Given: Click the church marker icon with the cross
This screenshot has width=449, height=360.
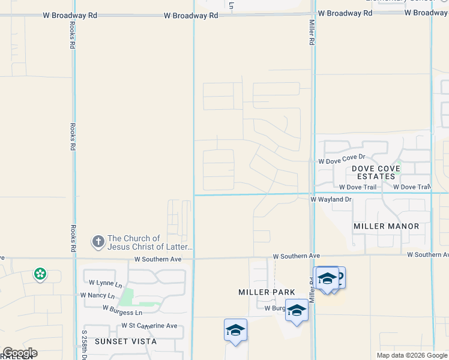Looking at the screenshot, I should click(98, 242).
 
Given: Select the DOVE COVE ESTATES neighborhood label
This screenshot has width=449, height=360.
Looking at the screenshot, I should click(382, 172).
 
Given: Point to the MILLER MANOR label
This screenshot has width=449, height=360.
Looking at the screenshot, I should click(387, 226).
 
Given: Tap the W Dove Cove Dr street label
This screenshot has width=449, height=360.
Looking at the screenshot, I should click(342, 161).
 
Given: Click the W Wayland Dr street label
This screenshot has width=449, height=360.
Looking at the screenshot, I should click(331, 199).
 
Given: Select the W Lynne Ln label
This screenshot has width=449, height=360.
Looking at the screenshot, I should click(105, 283).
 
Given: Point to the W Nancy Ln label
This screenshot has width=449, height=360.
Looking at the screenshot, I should click(97, 295).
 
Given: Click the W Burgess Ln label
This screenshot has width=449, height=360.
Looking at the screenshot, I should click(122, 313).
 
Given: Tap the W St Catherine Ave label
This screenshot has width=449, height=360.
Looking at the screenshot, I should click(149, 326).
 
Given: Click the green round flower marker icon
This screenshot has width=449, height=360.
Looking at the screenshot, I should click(40, 275).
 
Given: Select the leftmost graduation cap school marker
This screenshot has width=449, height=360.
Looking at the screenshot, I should click(235, 331).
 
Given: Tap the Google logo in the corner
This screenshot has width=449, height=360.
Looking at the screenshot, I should click(20, 353).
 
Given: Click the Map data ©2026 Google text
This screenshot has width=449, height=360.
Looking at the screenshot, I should click(411, 355).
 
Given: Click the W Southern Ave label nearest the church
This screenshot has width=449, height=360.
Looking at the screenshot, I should click(158, 259).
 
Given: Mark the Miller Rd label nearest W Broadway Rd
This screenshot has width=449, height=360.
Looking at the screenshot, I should click(312, 32).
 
